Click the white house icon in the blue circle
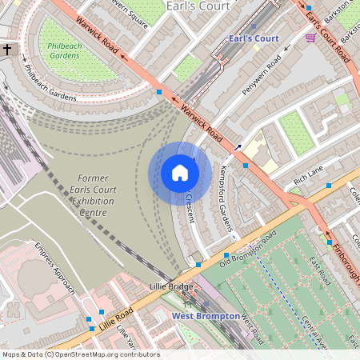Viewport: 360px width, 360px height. tap(179, 173)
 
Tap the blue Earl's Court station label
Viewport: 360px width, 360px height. tap(254, 38)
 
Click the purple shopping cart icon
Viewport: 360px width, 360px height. tap(310, 38)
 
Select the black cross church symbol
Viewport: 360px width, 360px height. tap(7, 50)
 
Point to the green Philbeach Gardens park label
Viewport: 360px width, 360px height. tap(66, 50)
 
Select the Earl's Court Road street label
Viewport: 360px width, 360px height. tap(327, 32)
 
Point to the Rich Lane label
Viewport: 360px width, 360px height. tap(307, 174)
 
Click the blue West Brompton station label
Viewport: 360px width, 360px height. tap(206, 316)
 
